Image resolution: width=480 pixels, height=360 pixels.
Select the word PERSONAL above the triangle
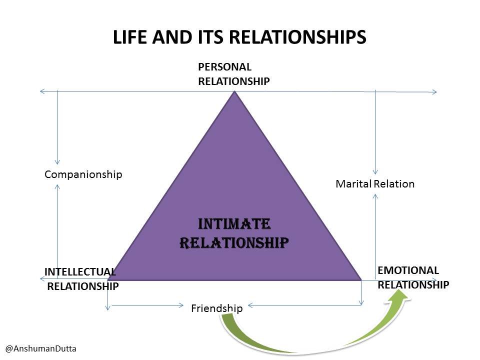pyautogui.click(x=224, y=66)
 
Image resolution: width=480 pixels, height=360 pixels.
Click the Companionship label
pyautogui.click(x=83, y=174)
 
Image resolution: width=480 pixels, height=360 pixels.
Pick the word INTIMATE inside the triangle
pyautogui.click(x=234, y=224)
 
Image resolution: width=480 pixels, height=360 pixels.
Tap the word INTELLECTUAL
pyautogui.click(x=80, y=271)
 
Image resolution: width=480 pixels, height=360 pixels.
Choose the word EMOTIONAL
pyautogui.click(x=408, y=270)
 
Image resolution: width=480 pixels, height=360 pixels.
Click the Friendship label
pyautogui.click(x=216, y=308)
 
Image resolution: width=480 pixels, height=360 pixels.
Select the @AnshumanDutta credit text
pyautogui.click(x=41, y=348)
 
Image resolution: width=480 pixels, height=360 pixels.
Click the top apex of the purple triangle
pyautogui.click(x=234, y=91)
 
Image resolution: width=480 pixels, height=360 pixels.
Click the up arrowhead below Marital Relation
pyautogui.click(x=375, y=196)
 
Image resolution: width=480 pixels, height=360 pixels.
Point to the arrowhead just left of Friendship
pyautogui.click(x=180, y=305)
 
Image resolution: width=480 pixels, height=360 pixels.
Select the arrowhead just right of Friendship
pyautogui.click(x=250, y=305)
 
